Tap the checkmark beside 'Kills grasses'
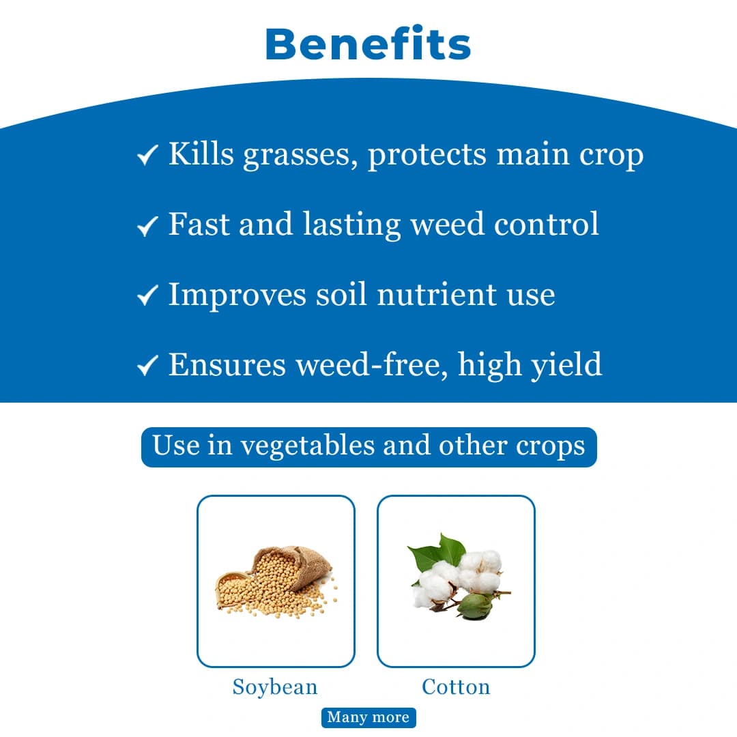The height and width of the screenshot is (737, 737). click(147, 156)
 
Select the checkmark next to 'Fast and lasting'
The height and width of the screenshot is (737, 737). click(147, 225)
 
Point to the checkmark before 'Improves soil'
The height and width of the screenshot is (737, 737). click(147, 295)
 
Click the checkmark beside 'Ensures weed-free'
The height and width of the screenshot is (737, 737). click(147, 366)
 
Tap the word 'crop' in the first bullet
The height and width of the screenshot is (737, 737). click(611, 156)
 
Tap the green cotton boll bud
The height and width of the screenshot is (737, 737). click(476, 604)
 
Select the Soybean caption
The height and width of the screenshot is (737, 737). click(275, 687)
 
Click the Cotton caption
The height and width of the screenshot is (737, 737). click(456, 687)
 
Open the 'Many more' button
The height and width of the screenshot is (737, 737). click(369, 717)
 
